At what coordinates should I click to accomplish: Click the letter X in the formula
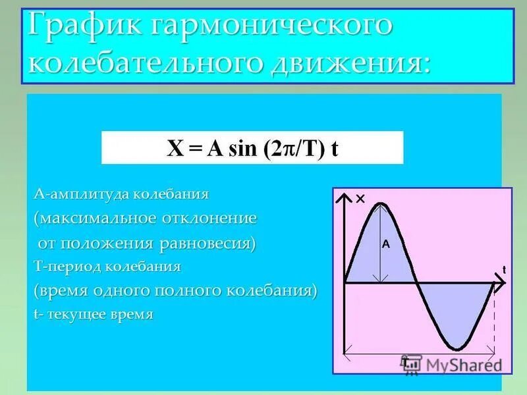pyautogui.click(x=175, y=149)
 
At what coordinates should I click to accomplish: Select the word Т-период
pyautogui.click(x=66, y=267)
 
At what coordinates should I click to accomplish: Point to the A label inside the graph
pyautogui.click(x=386, y=244)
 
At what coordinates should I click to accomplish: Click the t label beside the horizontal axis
pyautogui.click(x=503, y=269)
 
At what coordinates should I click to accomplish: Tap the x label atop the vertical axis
pyautogui.click(x=360, y=199)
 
